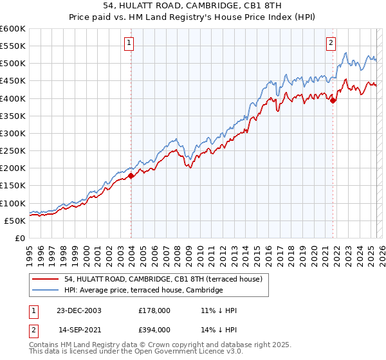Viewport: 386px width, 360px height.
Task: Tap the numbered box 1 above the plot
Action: (129, 43)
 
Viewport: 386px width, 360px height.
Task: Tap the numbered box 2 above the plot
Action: (331, 43)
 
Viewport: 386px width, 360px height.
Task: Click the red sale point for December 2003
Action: (131, 175)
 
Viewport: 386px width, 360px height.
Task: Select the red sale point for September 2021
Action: (333, 100)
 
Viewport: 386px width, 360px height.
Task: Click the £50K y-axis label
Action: (15, 221)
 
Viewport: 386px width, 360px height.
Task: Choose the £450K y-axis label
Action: (14, 81)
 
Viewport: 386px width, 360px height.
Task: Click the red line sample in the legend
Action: (46, 280)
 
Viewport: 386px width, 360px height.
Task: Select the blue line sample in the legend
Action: (46, 291)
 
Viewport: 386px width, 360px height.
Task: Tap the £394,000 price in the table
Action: (154, 329)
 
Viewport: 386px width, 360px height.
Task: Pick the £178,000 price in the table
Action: (154, 310)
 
